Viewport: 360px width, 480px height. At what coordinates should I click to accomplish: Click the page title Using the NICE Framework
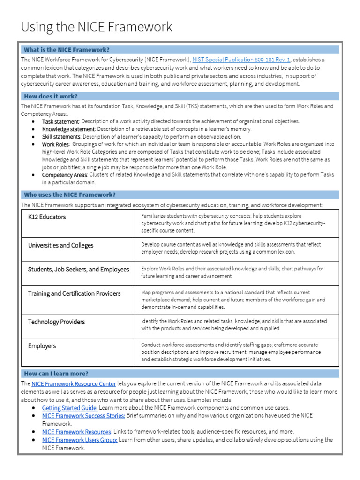coord(97,27)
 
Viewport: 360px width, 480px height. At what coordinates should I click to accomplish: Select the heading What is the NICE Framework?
coord(67,50)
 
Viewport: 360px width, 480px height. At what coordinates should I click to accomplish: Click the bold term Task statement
coord(60,121)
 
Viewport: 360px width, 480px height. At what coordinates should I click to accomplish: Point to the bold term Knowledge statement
coord(68,129)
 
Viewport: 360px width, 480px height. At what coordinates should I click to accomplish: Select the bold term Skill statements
coord(61,136)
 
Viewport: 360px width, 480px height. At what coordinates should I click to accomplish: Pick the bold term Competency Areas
coord(64,174)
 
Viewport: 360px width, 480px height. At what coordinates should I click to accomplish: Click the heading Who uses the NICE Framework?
coord(69,195)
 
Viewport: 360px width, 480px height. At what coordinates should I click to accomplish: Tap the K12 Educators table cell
coord(47,217)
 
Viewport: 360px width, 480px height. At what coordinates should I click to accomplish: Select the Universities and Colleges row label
coord(60,245)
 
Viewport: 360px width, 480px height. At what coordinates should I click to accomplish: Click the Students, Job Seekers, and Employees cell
coord(78,270)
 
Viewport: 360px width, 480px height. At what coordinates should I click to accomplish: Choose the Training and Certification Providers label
coord(74,293)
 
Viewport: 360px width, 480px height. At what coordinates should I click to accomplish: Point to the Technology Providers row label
coord(56,322)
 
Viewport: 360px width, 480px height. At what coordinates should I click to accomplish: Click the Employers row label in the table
coord(42,346)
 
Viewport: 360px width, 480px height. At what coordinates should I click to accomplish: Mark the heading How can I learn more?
coord(56,374)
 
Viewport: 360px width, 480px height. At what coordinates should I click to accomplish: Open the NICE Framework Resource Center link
coord(74,384)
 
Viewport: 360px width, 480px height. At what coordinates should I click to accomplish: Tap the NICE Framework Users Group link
coord(80,440)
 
